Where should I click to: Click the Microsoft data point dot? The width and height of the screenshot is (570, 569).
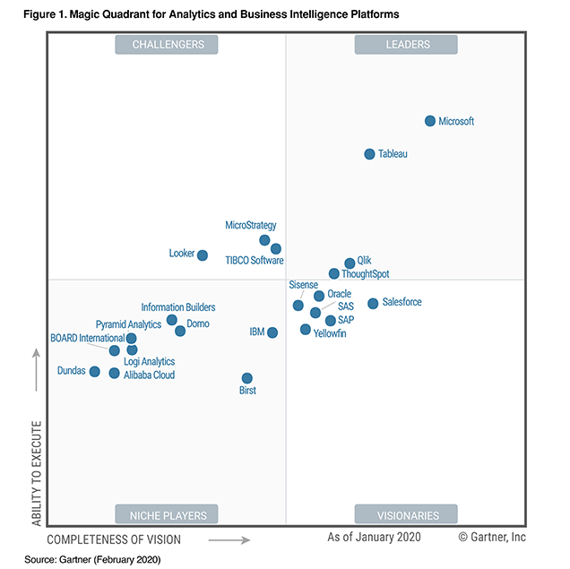[x=430, y=121]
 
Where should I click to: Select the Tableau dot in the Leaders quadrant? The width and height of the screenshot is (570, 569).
[x=369, y=154]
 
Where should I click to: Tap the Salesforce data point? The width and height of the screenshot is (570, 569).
[x=373, y=303]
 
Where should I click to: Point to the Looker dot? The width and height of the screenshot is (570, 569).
[x=203, y=255]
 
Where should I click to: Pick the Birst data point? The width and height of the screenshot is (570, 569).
[x=247, y=378]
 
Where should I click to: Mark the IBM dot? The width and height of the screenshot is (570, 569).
[x=272, y=332]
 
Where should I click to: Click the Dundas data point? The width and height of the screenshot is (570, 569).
[x=95, y=371]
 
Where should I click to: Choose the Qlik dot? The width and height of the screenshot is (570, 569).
[x=350, y=263]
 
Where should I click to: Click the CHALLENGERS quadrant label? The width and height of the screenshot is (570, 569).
[x=168, y=45]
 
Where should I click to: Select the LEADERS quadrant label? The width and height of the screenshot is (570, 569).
[x=406, y=45]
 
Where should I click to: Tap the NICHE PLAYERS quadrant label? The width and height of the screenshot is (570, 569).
[x=168, y=515]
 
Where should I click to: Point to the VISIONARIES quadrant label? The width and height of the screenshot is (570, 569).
[x=406, y=515]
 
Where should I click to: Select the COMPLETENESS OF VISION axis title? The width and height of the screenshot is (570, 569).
[x=114, y=539]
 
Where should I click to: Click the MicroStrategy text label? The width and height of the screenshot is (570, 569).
[x=251, y=226]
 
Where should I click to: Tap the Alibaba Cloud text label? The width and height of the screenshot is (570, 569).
[x=150, y=375]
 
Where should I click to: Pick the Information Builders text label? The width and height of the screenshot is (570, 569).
[x=178, y=307]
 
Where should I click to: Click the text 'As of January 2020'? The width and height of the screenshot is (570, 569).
[x=374, y=537]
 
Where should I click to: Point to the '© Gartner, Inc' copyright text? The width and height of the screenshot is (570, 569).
[x=492, y=537]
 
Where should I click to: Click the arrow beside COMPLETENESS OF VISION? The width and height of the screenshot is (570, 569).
[x=235, y=539]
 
